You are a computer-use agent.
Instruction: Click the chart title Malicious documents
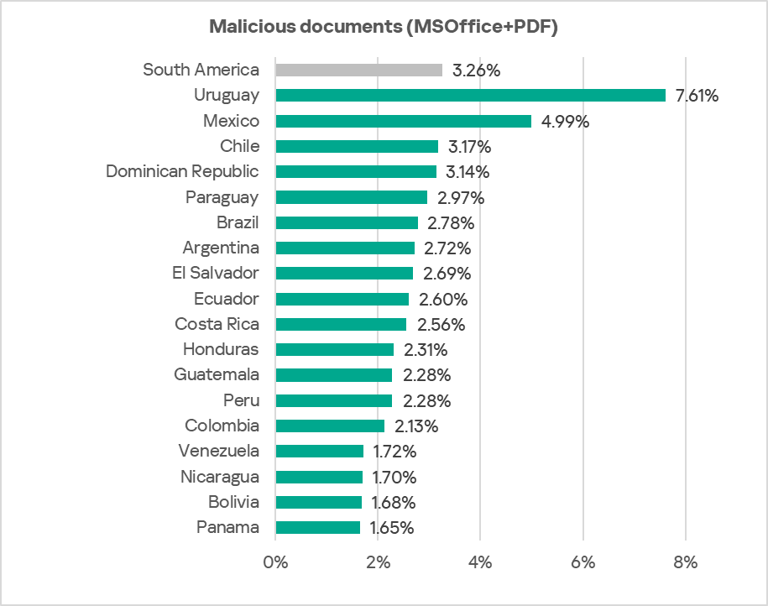384,27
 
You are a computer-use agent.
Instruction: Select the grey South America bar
358,71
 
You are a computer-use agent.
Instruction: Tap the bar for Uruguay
470,96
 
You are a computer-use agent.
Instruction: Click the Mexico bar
403,121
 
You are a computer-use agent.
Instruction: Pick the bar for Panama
317,528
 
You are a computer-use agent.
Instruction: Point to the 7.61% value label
697,96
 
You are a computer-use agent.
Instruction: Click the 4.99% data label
565,122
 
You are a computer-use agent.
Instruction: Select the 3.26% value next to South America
476,71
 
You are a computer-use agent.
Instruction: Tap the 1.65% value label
393,529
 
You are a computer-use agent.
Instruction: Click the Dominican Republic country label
182,171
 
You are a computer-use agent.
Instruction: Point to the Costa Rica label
217,324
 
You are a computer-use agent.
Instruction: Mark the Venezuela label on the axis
218,451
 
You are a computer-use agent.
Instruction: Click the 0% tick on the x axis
275,562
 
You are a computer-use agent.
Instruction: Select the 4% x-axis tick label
480,562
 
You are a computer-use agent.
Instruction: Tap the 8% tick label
686,562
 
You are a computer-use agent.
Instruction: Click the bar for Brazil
347,222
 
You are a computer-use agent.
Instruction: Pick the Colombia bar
330,426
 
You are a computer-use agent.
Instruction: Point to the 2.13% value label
416,426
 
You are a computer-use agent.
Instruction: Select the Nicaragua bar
319,477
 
